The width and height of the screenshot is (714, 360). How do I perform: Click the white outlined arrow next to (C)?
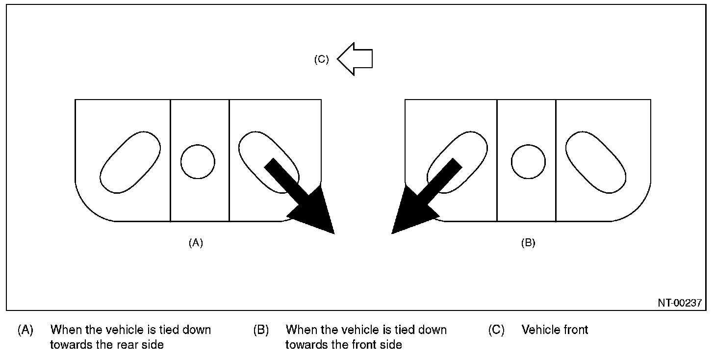[355, 59]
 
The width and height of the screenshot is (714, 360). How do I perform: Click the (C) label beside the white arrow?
[321, 59]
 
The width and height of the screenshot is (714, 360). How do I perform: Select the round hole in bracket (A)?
[198, 162]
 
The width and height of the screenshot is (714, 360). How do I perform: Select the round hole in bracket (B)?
[528, 162]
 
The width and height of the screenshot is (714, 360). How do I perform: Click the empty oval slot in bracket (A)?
[130, 162]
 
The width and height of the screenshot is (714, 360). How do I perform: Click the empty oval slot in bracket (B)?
[595, 162]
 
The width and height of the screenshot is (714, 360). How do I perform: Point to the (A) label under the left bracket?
[196, 243]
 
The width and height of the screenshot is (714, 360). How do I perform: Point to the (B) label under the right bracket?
[528, 243]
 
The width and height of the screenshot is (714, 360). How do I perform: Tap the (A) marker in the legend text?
[25, 330]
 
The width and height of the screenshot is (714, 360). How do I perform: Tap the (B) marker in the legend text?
[261, 330]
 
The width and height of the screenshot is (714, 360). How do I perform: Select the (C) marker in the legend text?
[496, 330]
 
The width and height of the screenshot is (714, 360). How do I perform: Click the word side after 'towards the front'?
[391, 345]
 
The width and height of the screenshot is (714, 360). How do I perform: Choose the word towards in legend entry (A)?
[71, 345]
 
